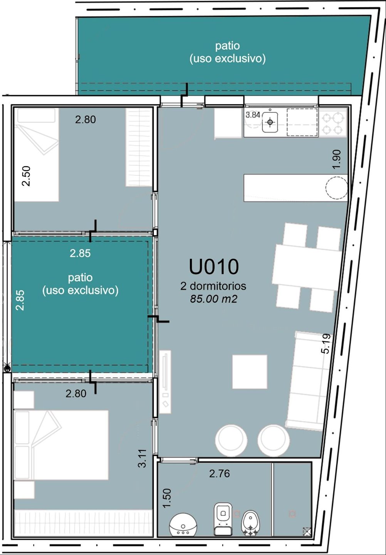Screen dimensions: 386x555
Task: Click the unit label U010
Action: [214, 267]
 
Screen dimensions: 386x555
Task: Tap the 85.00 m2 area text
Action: [214, 299]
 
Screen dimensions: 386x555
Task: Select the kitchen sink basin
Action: [270, 122]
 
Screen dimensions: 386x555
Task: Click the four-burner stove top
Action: [333, 123]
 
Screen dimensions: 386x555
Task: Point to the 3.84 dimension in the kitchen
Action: [253, 115]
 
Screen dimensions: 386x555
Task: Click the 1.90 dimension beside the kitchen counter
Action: [337, 159]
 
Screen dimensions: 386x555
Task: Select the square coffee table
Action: [250, 372]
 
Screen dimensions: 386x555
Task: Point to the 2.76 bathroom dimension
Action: [220, 474]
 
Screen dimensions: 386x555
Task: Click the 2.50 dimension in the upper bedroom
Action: [26, 176]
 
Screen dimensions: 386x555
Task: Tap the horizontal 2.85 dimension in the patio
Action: [80, 253]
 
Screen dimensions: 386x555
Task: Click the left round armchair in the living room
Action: [231, 441]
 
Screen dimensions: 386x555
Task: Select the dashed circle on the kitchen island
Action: [337, 188]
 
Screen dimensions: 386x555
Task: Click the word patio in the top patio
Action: [227, 46]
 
